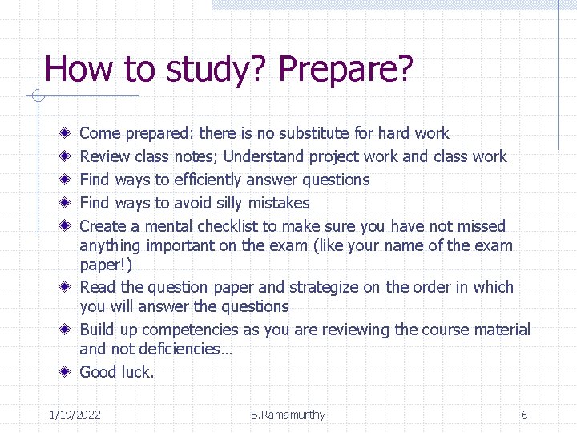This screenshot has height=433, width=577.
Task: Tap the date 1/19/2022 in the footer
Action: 75,415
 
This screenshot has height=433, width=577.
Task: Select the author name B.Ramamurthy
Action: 288,415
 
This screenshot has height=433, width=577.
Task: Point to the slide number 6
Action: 524,415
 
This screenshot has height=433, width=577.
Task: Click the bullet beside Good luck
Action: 64,372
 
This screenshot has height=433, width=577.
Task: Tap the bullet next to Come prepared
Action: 64,133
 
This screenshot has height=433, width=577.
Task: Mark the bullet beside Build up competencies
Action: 64,330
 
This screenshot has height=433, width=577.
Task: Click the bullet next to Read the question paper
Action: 64,287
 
